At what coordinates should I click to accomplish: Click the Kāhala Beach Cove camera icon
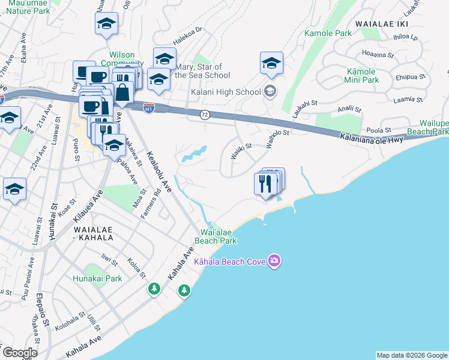(x=274, y=260)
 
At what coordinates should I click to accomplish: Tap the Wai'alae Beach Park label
(x=219, y=236)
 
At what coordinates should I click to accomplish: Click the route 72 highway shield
(x=205, y=115)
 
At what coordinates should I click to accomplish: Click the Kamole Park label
(x=328, y=34)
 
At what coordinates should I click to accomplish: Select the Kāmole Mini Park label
(x=362, y=76)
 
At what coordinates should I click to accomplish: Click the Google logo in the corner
(x=19, y=352)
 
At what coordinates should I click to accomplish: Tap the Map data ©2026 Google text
(x=412, y=355)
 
